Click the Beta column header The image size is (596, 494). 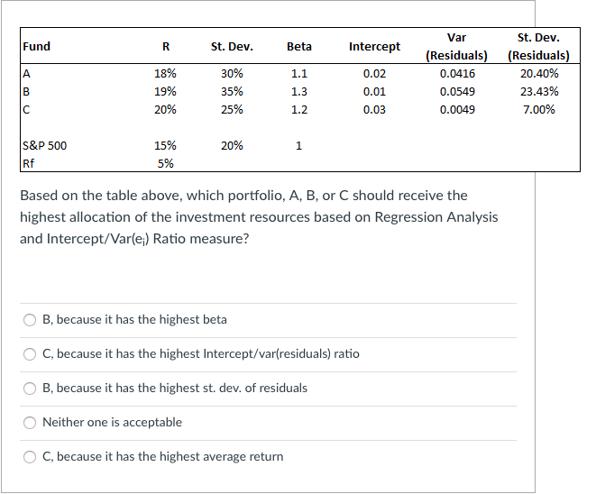pos(298,46)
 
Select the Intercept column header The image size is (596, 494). pos(374,46)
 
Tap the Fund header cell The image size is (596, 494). pos(37,46)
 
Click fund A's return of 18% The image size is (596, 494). pos(166,74)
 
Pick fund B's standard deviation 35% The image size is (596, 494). pos(232,92)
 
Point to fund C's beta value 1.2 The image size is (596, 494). pos(299,110)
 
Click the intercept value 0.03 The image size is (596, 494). pos(374,110)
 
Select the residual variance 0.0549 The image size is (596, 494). pos(457,92)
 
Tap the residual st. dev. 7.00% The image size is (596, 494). pos(539,110)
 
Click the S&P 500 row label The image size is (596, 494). pos(44,145)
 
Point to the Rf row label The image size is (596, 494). pos(29,163)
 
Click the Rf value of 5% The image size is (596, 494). pos(166,163)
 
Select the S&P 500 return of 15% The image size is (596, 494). pos(166,145)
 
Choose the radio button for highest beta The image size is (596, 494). pos(30,320)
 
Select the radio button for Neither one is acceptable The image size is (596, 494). pos(30,423)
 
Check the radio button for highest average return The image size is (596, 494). pos(30,457)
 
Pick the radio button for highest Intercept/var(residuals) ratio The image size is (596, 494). pos(30,354)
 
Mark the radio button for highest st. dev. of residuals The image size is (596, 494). pos(30,389)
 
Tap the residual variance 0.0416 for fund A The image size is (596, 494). pos(457,74)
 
